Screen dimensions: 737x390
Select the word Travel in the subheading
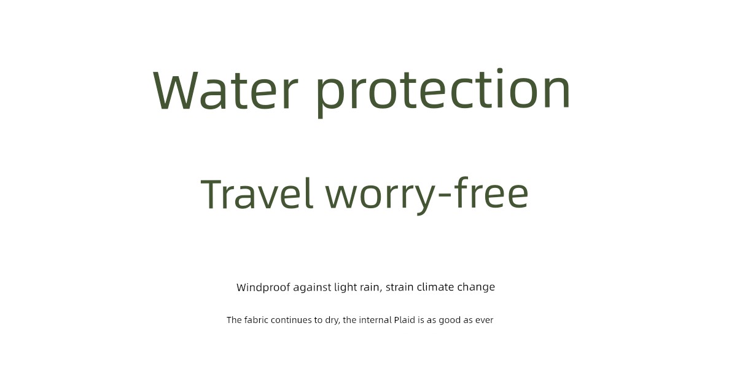(257, 193)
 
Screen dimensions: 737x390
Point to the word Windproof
(263, 287)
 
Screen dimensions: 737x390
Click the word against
(312, 287)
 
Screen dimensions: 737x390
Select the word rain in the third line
(371, 287)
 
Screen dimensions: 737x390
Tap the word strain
(399, 287)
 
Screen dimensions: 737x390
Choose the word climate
(435, 287)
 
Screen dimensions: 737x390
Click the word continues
(291, 320)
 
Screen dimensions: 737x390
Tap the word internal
(375, 320)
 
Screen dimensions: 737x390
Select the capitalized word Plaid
(404, 320)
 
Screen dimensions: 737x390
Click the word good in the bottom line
(450, 321)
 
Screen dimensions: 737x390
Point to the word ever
(485, 320)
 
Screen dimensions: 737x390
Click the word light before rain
(345, 287)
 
